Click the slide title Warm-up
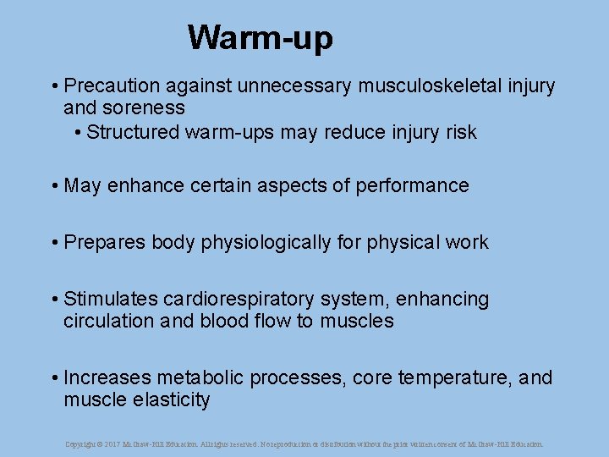[x=261, y=38]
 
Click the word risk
[x=458, y=132]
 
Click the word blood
[x=224, y=322]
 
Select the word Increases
[x=107, y=377]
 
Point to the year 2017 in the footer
[x=112, y=443]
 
